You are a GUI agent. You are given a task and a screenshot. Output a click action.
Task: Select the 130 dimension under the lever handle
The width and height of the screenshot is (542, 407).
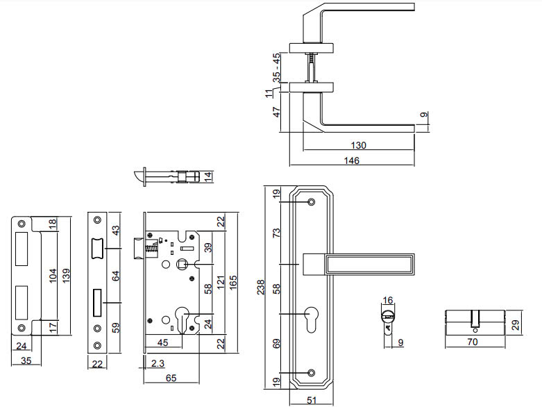point(359,146)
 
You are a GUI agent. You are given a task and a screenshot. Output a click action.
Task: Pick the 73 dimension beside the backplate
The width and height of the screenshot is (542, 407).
point(276,233)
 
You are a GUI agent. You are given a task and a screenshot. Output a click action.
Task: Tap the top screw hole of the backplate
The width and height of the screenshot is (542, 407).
point(310,202)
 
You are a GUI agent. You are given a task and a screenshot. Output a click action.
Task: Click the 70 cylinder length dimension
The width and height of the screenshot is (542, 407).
point(474,342)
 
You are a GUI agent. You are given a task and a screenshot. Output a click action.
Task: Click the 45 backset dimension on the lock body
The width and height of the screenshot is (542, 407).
point(164,342)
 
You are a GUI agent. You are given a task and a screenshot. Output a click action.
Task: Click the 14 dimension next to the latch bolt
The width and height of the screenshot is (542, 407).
point(210,176)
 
